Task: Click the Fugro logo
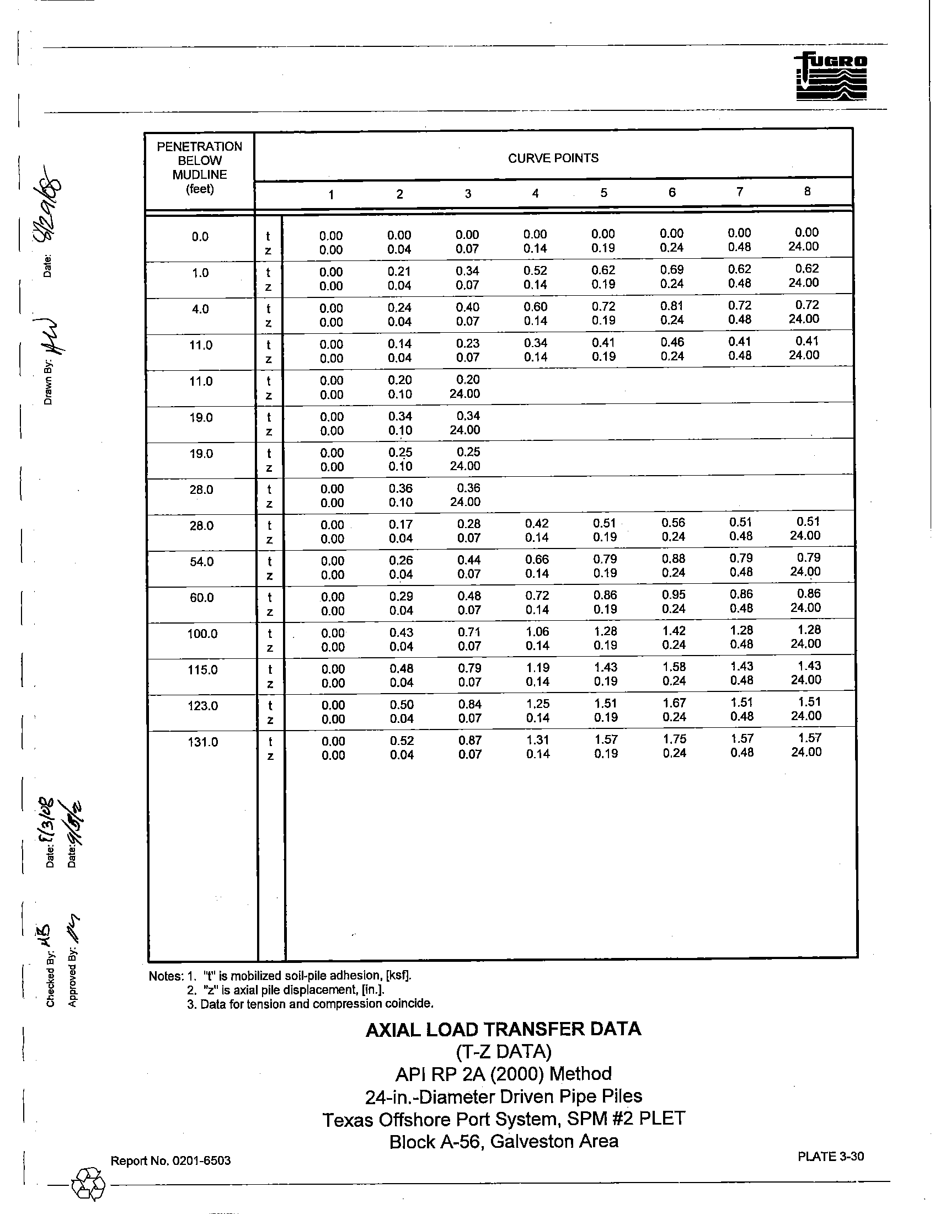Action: click(x=831, y=77)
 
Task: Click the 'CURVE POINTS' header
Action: click(x=553, y=158)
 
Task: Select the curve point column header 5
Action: click(x=603, y=193)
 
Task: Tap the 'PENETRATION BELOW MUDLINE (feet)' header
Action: click(x=200, y=167)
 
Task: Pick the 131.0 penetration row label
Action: click(x=203, y=742)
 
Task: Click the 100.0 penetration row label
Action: click(x=202, y=633)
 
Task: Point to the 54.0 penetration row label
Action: click(x=202, y=561)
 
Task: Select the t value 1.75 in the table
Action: click(x=675, y=739)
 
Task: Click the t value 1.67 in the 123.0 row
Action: click(x=674, y=702)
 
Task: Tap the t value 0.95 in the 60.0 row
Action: click(x=674, y=594)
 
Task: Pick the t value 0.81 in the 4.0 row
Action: click(x=672, y=306)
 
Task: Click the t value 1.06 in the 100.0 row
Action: click(x=537, y=631)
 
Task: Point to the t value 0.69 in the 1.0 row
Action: click(x=672, y=270)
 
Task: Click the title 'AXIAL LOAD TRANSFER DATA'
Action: click(x=503, y=1029)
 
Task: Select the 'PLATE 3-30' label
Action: click(x=831, y=1156)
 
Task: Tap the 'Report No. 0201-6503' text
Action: click(x=170, y=1160)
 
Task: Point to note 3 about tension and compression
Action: click(x=310, y=1004)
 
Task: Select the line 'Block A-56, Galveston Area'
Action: click(x=503, y=1141)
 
